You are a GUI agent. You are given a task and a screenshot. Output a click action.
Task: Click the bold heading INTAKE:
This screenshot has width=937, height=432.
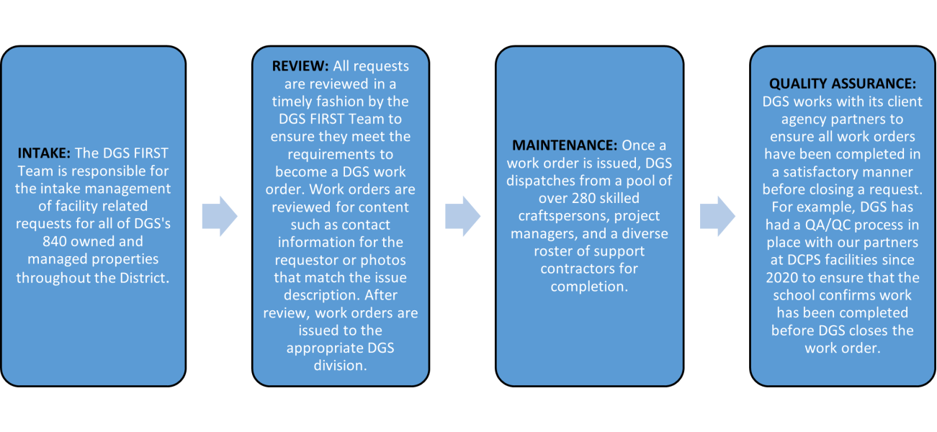click(44, 153)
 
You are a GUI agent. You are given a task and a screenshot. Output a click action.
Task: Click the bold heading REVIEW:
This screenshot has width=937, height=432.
click(300, 66)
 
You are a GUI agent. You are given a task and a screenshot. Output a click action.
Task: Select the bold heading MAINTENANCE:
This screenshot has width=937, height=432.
click(565, 145)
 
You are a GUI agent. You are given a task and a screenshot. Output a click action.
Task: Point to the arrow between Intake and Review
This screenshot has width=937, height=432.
click(220, 216)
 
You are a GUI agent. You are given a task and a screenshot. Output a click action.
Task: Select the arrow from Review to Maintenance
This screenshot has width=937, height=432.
click(462, 216)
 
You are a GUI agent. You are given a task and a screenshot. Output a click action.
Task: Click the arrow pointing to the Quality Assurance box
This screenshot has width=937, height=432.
click(717, 216)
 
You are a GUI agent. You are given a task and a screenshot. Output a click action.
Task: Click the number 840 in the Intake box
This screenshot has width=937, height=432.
click(55, 241)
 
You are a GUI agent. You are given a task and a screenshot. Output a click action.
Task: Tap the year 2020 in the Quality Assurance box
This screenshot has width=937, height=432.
click(781, 278)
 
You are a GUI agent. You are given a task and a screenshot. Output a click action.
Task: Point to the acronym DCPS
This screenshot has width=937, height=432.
click(806, 260)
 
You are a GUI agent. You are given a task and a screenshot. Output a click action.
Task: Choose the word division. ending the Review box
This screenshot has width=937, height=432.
click(341, 366)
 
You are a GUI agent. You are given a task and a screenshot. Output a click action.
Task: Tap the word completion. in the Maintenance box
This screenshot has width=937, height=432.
click(589, 287)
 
